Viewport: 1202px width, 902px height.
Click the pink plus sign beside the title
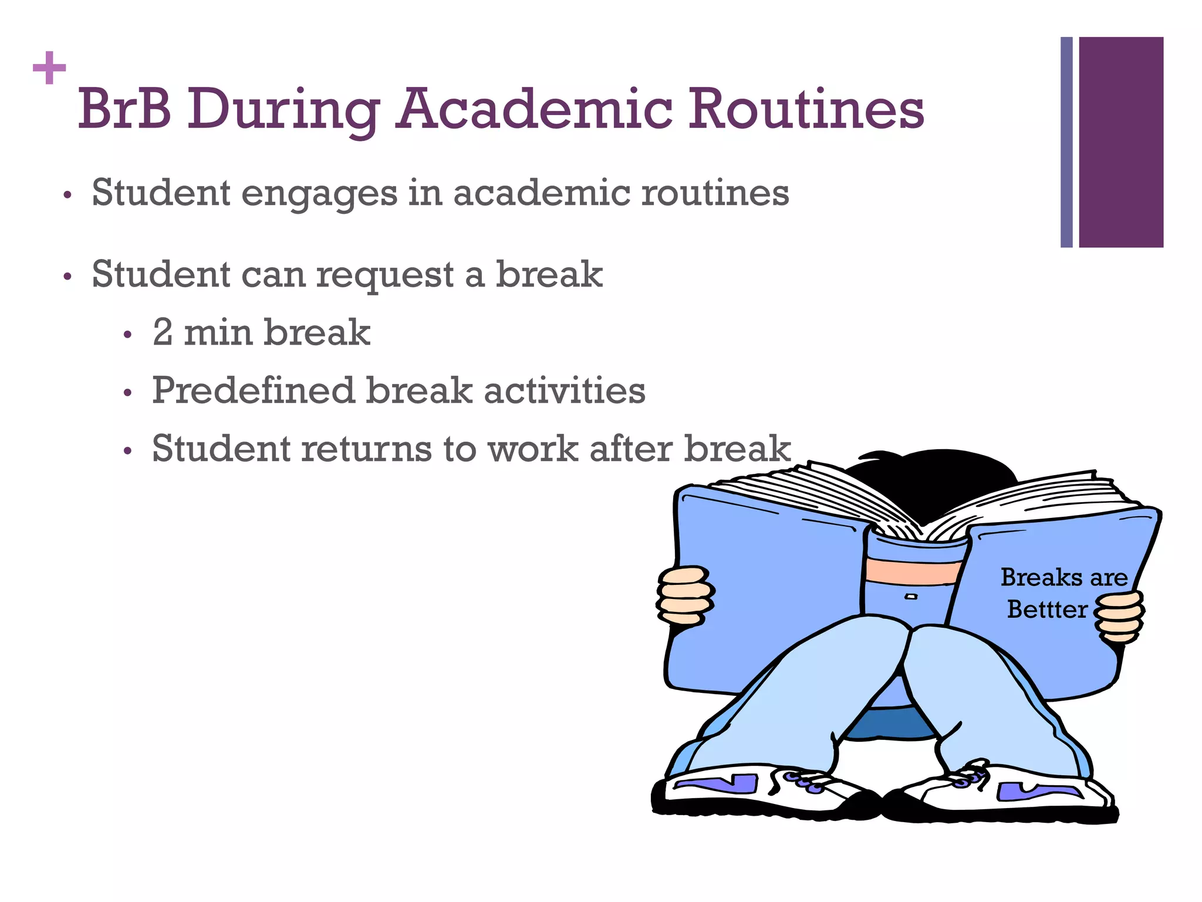click(x=49, y=68)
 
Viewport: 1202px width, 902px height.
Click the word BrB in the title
click(x=124, y=109)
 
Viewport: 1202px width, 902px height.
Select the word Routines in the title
click(x=805, y=109)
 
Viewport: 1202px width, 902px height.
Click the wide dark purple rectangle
click(x=1120, y=142)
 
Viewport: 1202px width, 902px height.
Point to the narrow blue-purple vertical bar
click(x=1066, y=142)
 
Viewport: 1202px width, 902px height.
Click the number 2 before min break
click(x=163, y=332)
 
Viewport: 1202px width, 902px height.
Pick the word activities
click(x=564, y=391)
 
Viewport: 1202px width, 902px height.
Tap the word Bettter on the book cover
click(x=1047, y=610)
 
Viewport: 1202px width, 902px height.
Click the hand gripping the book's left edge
click(x=684, y=594)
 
